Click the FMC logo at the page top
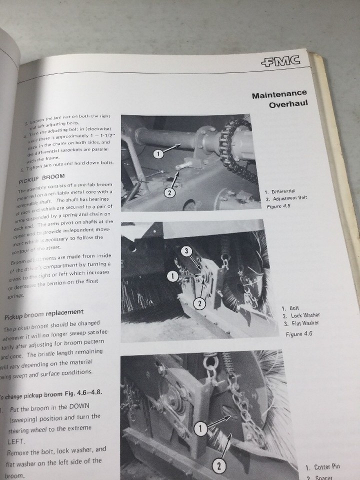(281, 62)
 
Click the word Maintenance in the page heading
(279, 95)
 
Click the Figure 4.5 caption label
(278, 206)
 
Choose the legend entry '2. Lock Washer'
(300, 315)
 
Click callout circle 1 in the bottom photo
(199, 428)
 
